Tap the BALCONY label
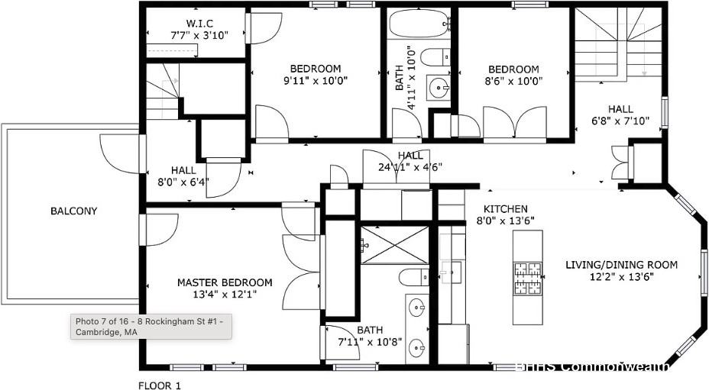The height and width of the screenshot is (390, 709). click(x=74, y=211)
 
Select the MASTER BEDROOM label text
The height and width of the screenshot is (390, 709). click(x=225, y=282)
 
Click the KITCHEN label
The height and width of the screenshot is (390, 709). click(x=505, y=209)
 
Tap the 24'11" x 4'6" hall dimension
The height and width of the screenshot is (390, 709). click(x=410, y=168)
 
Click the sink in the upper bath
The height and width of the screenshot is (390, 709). click(x=439, y=88)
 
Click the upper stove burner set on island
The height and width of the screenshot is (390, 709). click(x=526, y=269)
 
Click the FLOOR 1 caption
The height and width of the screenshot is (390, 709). click(x=159, y=385)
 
